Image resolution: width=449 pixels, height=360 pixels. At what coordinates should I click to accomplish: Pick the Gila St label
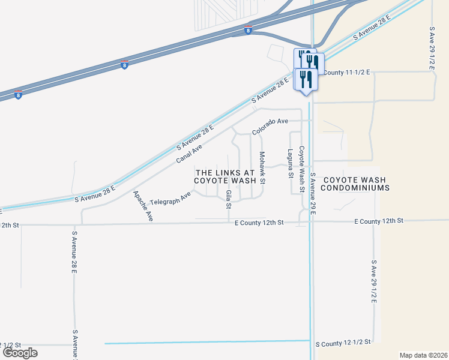click(228, 199)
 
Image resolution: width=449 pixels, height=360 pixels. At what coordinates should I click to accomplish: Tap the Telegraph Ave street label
click(170, 198)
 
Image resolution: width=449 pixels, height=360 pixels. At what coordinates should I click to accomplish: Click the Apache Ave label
click(143, 206)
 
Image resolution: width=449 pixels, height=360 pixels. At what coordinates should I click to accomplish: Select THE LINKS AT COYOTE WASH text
click(225, 176)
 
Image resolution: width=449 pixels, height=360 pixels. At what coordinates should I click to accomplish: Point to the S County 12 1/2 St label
click(343, 343)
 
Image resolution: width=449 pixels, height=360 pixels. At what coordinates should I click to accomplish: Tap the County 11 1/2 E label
click(347, 73)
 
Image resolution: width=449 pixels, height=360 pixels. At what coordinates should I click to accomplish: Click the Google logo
click(20, 353)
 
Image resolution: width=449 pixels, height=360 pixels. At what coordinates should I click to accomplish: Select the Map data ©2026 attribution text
click(423, 355)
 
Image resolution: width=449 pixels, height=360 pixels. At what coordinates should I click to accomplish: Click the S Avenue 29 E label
click(313, 194)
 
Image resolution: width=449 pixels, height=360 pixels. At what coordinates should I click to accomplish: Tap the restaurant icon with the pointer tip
click(306, 80)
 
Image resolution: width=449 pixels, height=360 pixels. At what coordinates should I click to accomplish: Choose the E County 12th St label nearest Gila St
click(258, 223)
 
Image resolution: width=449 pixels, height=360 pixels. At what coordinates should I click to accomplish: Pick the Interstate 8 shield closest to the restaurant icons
click(248, 30)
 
